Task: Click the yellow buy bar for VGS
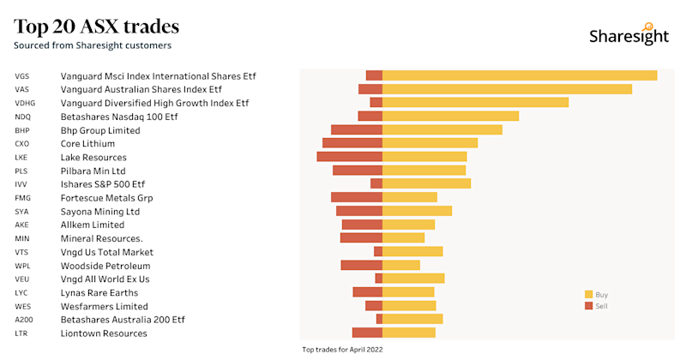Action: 520,75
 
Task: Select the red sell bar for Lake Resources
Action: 349,157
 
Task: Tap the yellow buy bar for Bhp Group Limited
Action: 442,129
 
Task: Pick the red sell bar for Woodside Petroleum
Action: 361,265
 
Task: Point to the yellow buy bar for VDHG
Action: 475,103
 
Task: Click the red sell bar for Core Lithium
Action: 352,143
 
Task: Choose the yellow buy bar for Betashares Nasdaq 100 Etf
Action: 450,116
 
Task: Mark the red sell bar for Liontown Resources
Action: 367,333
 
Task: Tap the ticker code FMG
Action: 22,198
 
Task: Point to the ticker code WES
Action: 22,306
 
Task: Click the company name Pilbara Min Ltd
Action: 93,171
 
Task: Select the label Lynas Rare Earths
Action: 99,292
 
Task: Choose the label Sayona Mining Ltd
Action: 99,211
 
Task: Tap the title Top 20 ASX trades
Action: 96,26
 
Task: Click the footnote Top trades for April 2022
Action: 343,350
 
